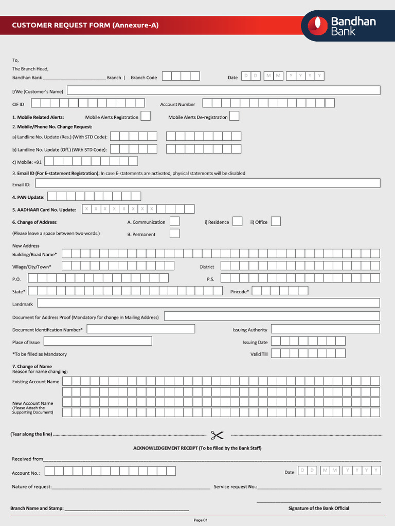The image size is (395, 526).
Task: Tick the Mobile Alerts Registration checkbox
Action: click(146, 116)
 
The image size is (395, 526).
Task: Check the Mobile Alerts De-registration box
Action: click(234, 116)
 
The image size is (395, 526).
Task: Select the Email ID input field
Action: click(208, 183)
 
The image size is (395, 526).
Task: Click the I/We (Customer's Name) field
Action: click(223, 90)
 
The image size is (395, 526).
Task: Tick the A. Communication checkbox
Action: click(175, 221)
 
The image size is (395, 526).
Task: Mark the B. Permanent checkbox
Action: click(175, 234)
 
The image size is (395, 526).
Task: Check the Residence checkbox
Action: click(237, 221)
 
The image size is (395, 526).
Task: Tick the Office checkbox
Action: click(276, 221)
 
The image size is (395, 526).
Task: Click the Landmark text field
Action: click(208, 303)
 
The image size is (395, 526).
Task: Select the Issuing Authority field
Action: click(325, 329)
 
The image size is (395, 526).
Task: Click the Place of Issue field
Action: click(98, 341)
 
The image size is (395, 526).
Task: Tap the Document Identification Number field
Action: click(140, 329)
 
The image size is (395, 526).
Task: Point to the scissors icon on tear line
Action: click(217, 435)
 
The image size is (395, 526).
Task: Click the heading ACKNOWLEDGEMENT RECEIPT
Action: click(197, 448)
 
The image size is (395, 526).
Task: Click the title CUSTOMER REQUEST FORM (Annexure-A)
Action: click(85, 25)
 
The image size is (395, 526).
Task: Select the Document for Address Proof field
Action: click(272, 316)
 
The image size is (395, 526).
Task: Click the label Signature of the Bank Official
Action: click(318, 509)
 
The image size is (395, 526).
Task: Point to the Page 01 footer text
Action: click(200, 520)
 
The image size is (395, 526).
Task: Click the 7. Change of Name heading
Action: click(32, 367)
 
